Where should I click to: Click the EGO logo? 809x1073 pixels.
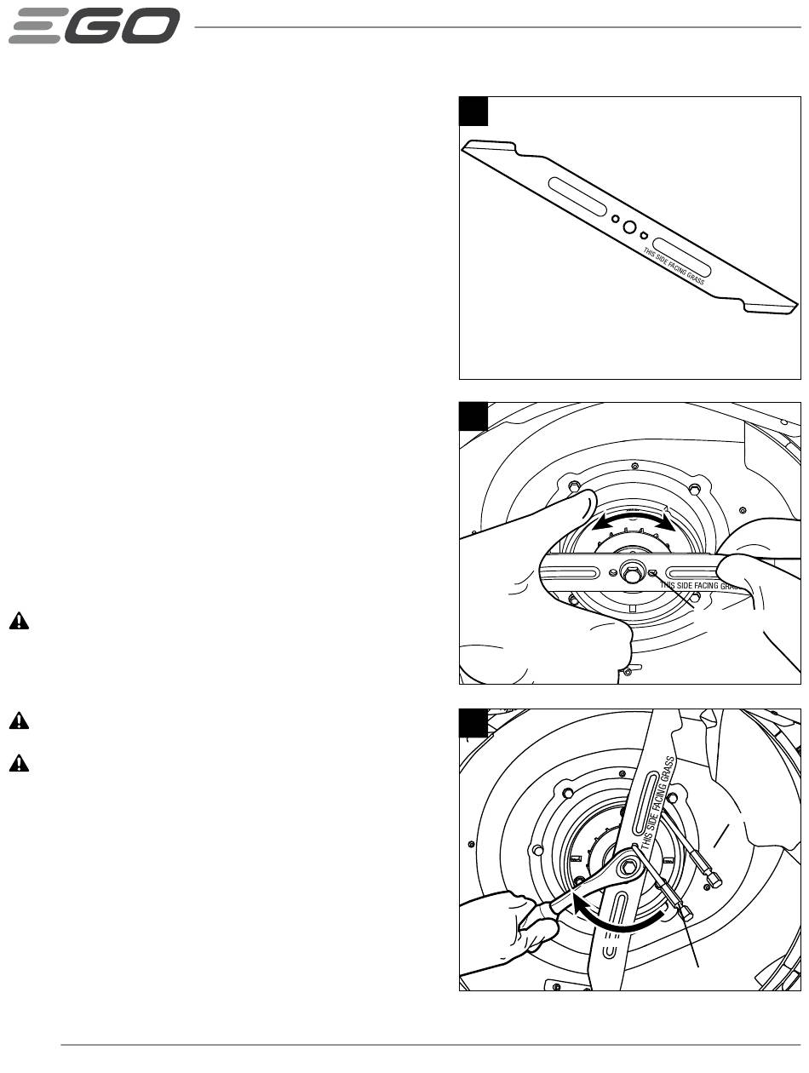[x=94, y=26]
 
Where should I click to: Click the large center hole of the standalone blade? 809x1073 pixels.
[x=629, y=227]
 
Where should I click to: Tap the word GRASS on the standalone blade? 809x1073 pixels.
[x=696, y=278]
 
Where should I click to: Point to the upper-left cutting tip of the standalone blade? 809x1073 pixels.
[x=467, y=145]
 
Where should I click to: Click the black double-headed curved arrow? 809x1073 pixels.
[x=633, y=521]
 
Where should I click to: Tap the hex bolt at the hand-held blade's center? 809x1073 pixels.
[x=632, y=572]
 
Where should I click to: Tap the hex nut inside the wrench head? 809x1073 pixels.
[x=626, y=868]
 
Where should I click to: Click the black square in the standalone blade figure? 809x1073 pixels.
[x=473, y=111]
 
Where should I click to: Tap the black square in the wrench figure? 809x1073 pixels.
[x=473, y=722]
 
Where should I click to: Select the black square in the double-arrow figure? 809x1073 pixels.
[x=473, y=416]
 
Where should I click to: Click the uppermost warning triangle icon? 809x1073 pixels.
[x=19, y=621]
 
